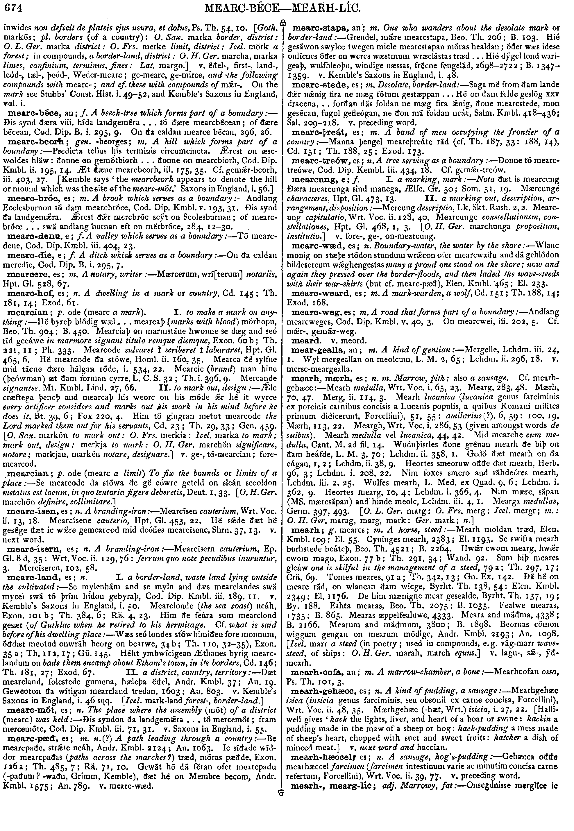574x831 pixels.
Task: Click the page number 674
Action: coord(12,6)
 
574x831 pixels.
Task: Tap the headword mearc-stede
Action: coord(312,85)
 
